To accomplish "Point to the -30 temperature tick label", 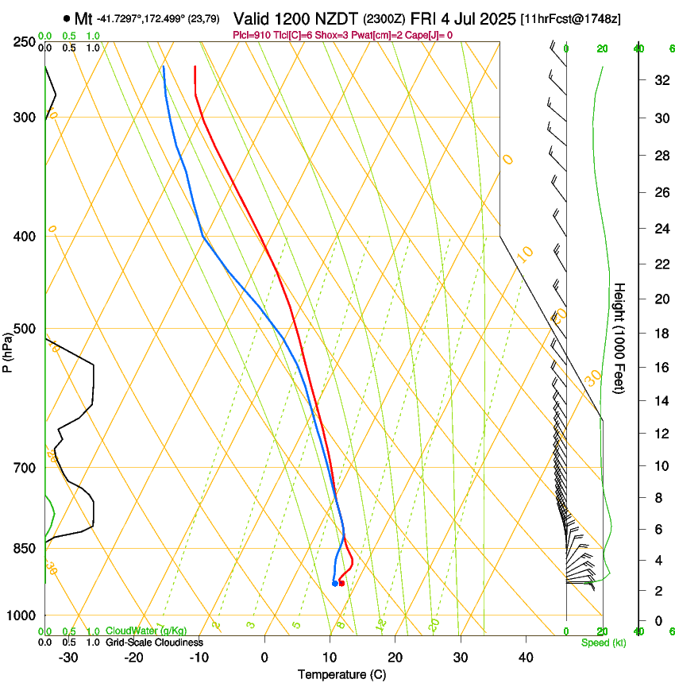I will click(69, 658).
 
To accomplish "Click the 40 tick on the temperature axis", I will click(525, 658).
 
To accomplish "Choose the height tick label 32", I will click(659, 80).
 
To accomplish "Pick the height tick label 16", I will click(659, 368).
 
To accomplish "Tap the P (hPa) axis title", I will click(8, 349).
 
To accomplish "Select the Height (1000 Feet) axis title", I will click(620, 338).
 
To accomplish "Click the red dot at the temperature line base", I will click(341, 584).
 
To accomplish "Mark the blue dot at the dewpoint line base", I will click(334, 584).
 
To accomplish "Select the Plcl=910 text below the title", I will click(251, 36).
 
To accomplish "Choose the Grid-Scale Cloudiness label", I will click(154, 642).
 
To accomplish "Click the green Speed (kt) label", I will click(603, 642).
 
